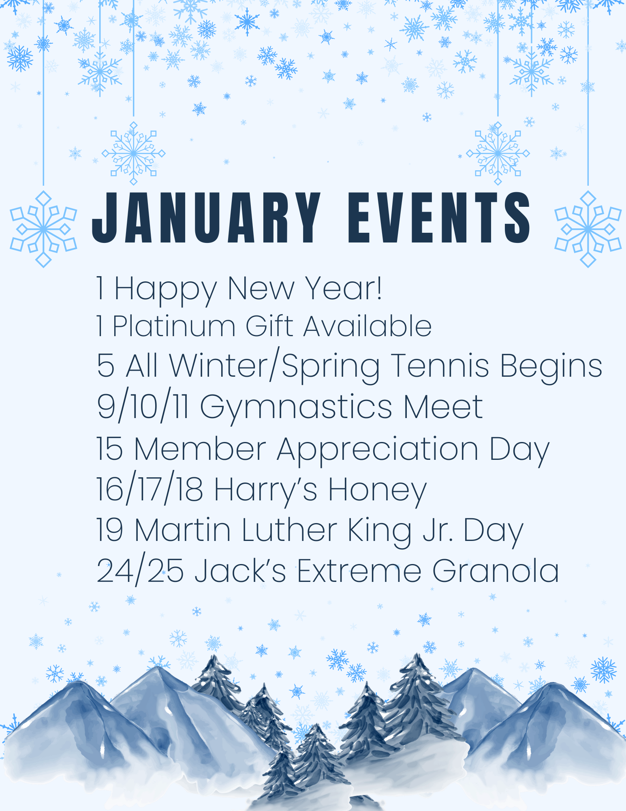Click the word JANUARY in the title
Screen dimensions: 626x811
pyautogui.click(x=207, y=217)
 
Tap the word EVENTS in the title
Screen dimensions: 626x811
pyautogui.click(x=439, y=217)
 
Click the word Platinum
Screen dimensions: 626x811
pyautogui.click(x=174, y=326)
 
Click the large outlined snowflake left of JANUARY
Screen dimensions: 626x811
pyautogui.click(x=43, y=229)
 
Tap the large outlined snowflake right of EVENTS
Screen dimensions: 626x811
pyautogui.click(x=588, y=229)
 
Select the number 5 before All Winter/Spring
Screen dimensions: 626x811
pyautogui.click(x=105, y=366)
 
